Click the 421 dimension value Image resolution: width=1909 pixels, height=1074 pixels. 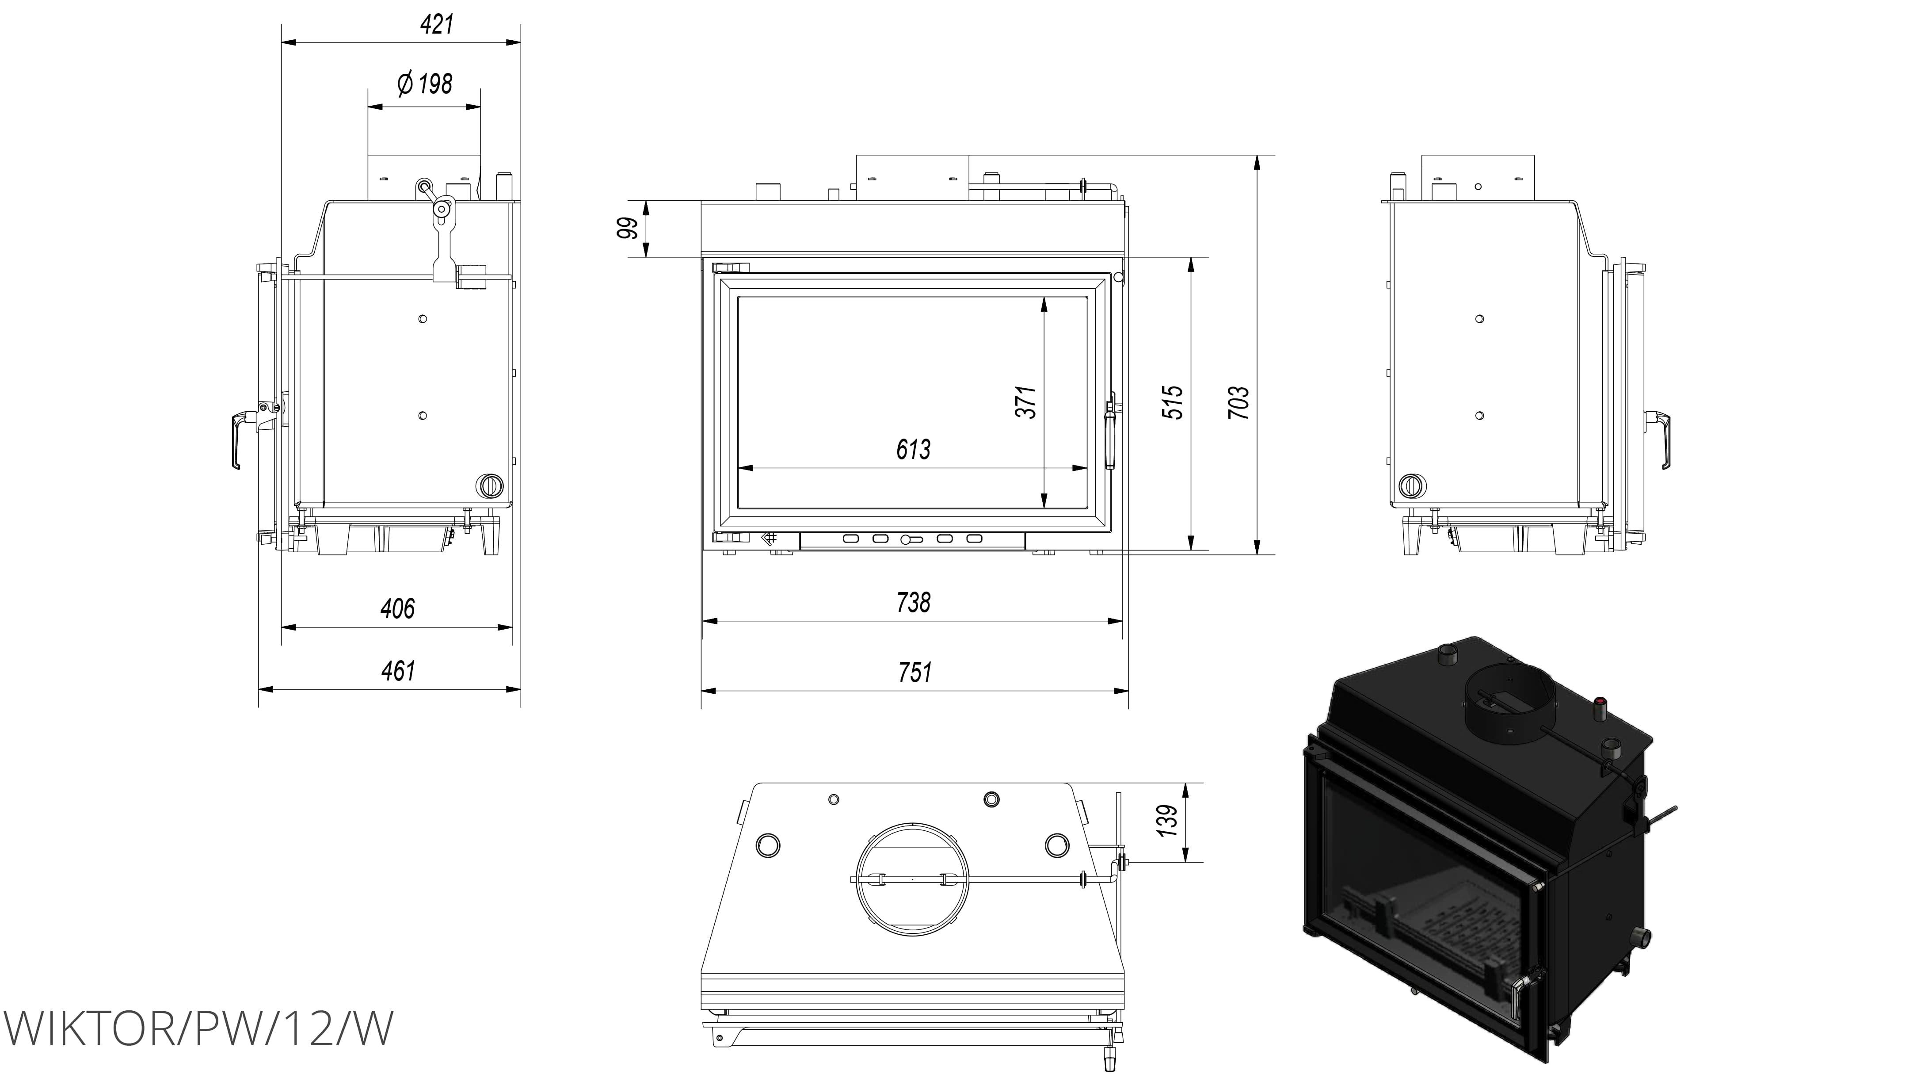click(x=437, y=24)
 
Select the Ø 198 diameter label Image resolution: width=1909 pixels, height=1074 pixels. click(x=425, y=84)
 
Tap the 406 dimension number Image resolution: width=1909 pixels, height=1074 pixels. click(x=397, y=608)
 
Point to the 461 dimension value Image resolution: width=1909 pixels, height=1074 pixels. click(x=398, y=671)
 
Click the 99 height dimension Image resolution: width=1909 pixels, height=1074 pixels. click(x=629, y=228)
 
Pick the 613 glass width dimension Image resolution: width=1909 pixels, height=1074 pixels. click(x=913, y=449)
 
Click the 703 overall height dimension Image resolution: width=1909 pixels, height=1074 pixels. click(x=1238, y=402)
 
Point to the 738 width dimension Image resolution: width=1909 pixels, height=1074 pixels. click(x=913, y=603)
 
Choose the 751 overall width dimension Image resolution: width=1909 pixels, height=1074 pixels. click(x=914, y=672)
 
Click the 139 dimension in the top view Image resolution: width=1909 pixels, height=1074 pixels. click(x=1167, y=821)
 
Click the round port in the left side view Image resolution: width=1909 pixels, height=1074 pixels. click(x=489, y=485)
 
